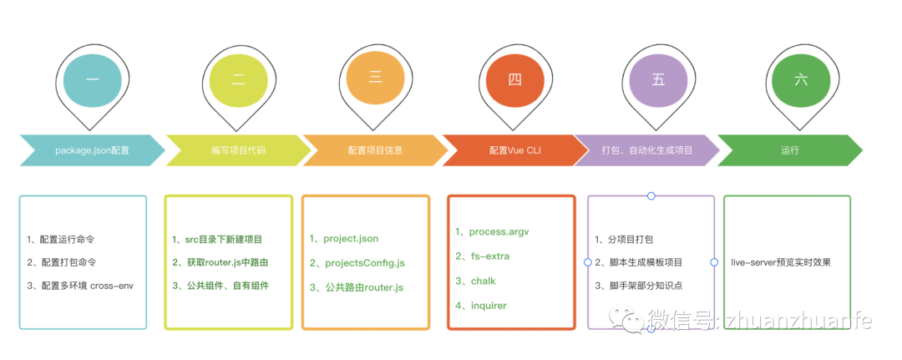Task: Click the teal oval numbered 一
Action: coord(93,80)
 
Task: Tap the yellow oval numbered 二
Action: coord(238,80)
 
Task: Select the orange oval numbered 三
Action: coord(375,79)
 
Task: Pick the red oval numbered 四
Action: coord(514,80)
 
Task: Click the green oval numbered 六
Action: coord(801,80)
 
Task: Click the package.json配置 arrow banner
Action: coord(92,150)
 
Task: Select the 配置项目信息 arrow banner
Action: coord(375,150)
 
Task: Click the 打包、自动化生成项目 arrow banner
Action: coord(647,150)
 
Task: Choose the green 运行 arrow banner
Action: coord(789,150)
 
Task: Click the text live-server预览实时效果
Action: coord(780,262)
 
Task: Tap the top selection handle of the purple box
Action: coord(651,196)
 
